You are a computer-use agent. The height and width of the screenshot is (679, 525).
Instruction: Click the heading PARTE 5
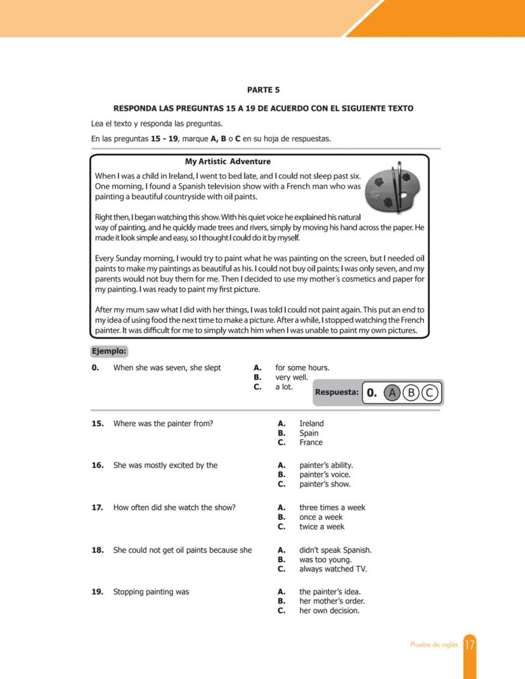click(262, 90)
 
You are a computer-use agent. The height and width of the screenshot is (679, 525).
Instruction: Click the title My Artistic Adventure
click(228, 161)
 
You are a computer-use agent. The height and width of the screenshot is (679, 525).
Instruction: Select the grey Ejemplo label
click(110, 351)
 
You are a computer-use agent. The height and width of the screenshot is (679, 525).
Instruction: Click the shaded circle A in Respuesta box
click(392, 392)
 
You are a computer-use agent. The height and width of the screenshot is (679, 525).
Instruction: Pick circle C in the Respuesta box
click(430, 392)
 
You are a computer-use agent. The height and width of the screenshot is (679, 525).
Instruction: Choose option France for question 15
click(311, 443)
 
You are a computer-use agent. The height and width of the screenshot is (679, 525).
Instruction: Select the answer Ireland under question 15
click(311, 424)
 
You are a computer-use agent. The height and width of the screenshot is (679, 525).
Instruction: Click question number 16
click(98, 465)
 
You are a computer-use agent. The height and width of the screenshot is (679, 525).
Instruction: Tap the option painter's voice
click(325, 474)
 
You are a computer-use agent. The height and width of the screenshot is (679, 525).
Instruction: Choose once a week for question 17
click(321, 517)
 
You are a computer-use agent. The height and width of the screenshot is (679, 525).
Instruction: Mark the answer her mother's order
click(332, 601)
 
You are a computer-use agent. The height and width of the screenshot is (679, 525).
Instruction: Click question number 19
click(98, 592)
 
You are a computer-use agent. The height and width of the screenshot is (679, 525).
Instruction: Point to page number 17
click(470, 645)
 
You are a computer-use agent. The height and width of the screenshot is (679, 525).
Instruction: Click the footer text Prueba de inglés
click(434, 645)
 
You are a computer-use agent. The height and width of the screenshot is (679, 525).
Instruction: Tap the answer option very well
click(292, 377)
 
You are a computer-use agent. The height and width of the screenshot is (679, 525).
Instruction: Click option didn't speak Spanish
click(335, 550)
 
